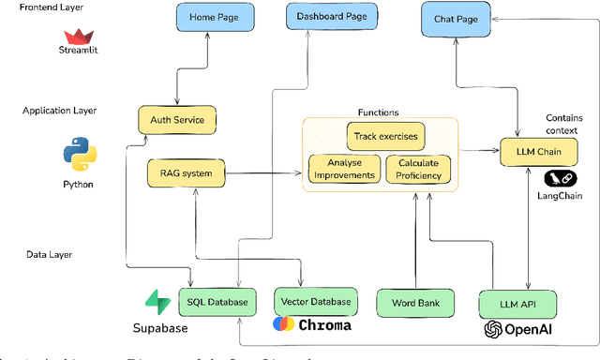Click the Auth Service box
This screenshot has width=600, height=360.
click(177, 120)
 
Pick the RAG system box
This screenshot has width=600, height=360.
click(186, 172)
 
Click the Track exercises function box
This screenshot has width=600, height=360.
click(385, 136)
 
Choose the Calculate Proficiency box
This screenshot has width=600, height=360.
click(418, 169)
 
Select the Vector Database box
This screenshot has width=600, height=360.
click(315, 302)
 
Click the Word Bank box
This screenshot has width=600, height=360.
click(415, 302)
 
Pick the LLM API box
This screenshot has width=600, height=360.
click(517, 304)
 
